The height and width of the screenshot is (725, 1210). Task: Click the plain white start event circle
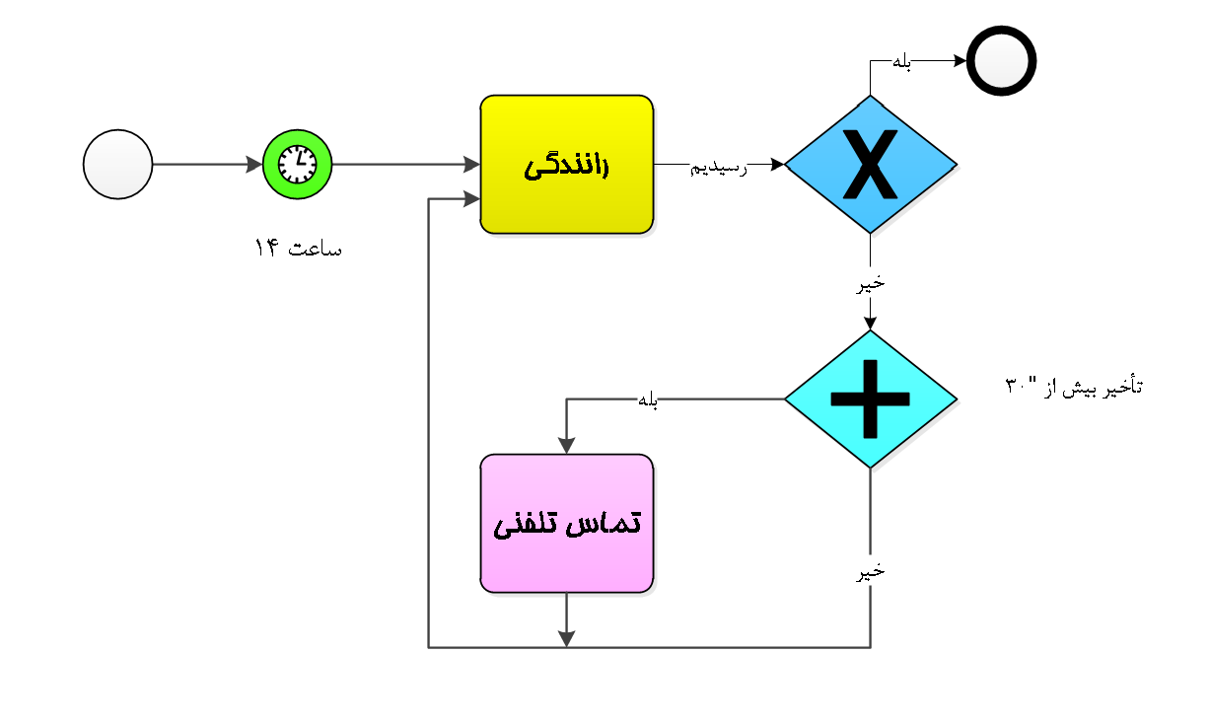click(x=117, y=165)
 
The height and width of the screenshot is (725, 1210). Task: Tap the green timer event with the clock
click(x=297, y=165)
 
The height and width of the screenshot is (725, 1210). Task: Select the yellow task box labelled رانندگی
click(x=566, y=165)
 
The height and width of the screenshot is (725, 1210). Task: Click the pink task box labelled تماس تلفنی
click(x=566, y=524)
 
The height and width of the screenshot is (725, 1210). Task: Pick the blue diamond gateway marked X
click(x=870, y=165)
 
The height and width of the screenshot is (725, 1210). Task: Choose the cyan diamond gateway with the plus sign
click(x=870, y=399)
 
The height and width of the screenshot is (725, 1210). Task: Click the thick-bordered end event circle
click(x=1001, y=61)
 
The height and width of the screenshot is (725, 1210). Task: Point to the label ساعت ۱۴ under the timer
click(x=298, y=248)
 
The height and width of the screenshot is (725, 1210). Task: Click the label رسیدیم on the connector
click(x=718, y=168)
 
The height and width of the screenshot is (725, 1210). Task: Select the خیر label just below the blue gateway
click(x=870, y=284)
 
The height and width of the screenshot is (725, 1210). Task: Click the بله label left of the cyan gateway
click(x=648, y=399)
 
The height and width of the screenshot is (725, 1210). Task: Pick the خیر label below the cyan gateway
click(x=870, y=572)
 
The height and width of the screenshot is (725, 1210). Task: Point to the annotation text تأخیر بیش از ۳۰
click(x=1074, y=386)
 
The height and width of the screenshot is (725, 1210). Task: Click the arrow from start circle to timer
click(x=207, y=165)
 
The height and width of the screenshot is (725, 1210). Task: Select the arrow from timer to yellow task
click(x=405, y=165)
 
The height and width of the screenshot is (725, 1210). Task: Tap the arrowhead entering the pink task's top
click(x=566, y=446)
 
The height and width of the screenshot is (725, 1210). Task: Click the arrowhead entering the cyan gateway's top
click(x=870, y=323)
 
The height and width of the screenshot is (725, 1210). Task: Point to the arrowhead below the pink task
click(x=566, y=639)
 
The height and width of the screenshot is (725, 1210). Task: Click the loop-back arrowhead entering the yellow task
click(x=472, y=199)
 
